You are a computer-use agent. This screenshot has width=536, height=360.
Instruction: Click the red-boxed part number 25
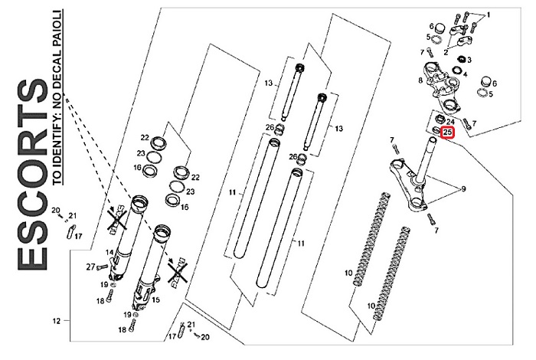pos(448,133)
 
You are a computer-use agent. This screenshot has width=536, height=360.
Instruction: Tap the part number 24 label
pos(450,121)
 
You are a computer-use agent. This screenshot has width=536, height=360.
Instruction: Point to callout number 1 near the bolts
pos(489,15)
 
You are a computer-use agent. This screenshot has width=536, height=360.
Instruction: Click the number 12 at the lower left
pos(55,321)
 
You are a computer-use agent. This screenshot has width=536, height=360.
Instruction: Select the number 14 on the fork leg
pos(109,252)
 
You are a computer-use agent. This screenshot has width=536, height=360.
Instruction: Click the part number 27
pos(90,267)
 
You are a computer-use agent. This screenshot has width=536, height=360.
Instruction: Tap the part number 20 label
pos(55,209)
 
